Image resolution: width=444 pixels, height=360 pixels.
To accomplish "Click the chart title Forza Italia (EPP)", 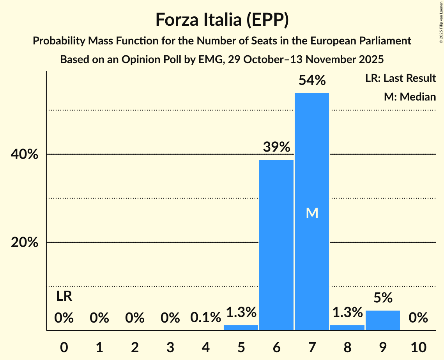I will click(x=222, y=20).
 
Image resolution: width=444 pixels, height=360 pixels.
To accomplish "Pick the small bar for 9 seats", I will click(x=383, y=320).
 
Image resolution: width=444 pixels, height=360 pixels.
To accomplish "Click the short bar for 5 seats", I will click(x=241, y=327).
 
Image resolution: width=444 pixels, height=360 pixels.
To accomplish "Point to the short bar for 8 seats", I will click(x=347, y=327).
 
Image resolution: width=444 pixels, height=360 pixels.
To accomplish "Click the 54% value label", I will click(x=312, y=80).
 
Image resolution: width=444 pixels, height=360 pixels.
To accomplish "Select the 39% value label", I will click(x=276, y=147).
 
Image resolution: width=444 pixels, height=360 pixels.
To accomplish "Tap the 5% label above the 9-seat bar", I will click(x=383, y=298).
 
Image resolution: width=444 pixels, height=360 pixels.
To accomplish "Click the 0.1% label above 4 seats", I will click(x=205, y=318).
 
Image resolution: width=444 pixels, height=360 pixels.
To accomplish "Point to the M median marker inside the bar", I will click(x=312, y=213).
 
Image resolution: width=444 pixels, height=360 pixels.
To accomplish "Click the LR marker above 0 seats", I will click(x=64, y=296).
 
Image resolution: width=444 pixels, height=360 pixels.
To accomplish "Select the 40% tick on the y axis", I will click(x=24, y=155).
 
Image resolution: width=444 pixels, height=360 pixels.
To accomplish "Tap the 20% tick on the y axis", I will click(x=24, y=243).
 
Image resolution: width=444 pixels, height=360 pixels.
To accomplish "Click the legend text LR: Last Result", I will click(x=400, y=78).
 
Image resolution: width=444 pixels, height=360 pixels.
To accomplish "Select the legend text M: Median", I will click(x=410, y=97).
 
